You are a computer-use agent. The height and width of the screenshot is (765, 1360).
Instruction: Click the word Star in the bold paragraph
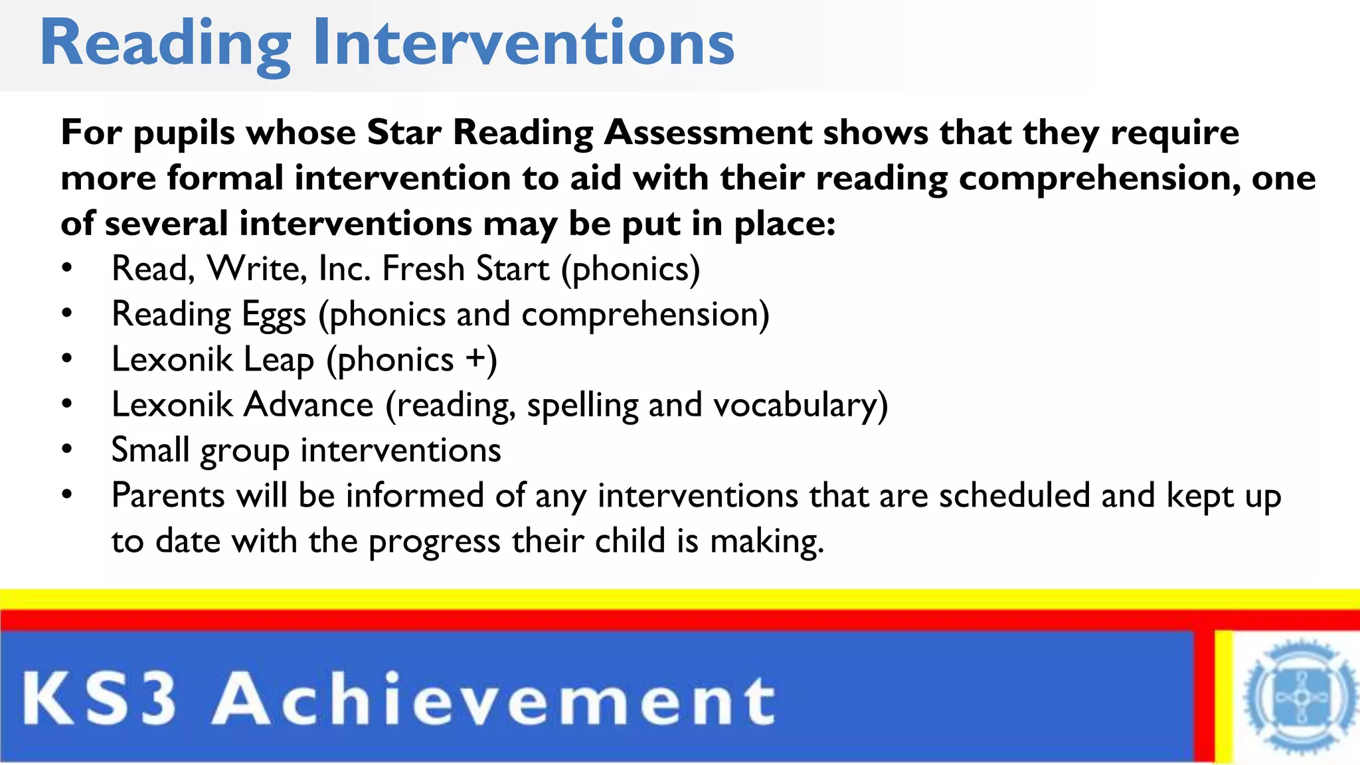point(404,132)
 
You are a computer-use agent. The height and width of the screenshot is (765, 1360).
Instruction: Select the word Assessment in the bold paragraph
point(708,132)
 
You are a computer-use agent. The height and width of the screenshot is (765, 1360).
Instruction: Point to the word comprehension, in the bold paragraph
point(1099,179)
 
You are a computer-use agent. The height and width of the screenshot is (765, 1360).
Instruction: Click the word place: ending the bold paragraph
point(784,224)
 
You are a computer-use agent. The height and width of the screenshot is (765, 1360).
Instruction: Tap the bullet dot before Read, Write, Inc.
point(66,268)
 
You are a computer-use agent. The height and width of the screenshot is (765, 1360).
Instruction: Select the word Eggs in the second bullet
point(274,315)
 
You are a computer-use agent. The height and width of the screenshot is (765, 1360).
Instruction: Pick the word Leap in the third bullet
point(279,361)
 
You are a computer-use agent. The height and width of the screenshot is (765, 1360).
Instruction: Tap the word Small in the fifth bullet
point(150,450)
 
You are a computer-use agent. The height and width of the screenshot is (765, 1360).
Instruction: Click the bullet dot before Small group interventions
point(66,450)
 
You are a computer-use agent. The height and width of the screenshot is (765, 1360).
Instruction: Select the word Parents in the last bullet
point(168,495)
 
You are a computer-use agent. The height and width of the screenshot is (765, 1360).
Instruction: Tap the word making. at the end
point(767,541)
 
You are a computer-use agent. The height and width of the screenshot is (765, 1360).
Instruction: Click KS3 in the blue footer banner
point(100,699)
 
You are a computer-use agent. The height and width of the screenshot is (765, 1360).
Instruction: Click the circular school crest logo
point(1300,697)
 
